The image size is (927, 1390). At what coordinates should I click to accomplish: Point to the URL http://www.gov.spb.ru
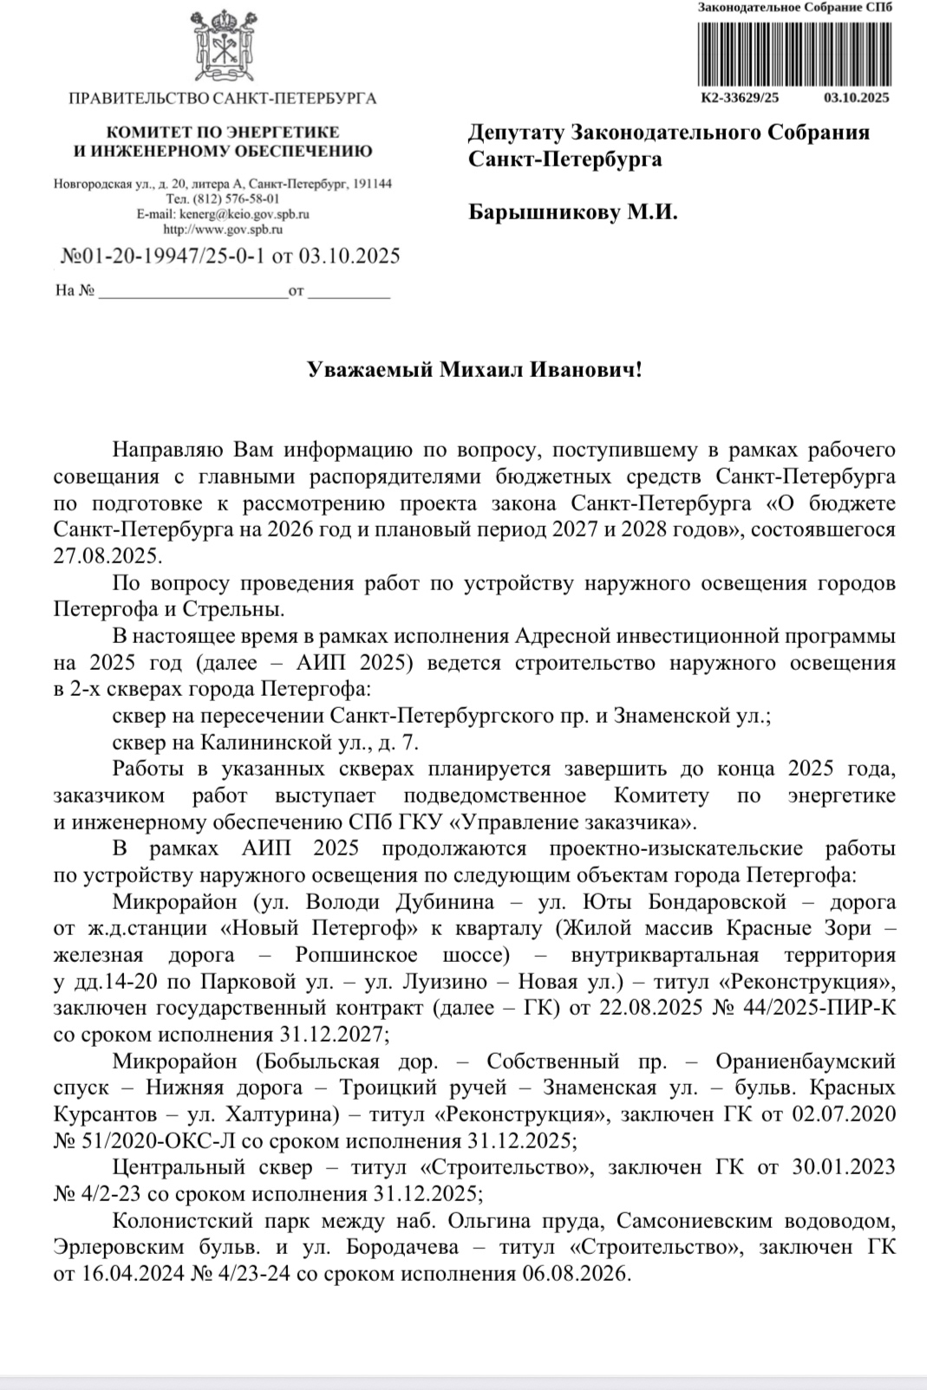tap(223, 230)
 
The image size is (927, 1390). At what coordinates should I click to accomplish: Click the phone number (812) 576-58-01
tap(237, 198)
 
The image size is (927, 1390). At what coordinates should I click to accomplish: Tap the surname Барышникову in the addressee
tap(543, 212)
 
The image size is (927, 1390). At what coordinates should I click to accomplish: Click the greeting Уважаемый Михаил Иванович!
tap(475, 371)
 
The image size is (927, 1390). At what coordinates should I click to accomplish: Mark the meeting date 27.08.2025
tap(108, 556)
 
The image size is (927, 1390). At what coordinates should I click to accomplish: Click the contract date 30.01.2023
tap(843, 1167)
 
